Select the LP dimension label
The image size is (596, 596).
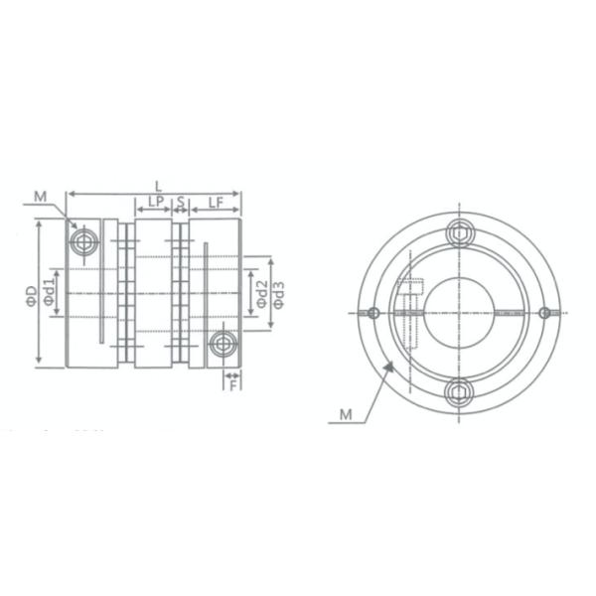coord(154,202)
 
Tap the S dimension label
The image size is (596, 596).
coord(181,202)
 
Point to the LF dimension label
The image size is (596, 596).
coord(215,202)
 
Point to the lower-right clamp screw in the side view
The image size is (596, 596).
coord(223,346)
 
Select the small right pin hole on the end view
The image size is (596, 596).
coord(544,312)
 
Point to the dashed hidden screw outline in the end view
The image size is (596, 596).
coord(410,298)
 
